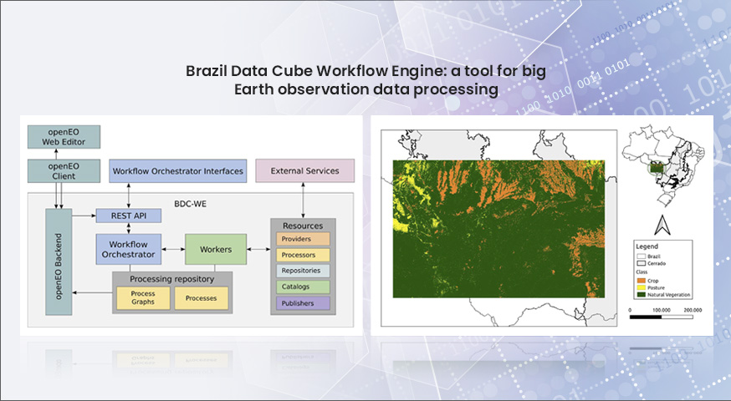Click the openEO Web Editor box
64,137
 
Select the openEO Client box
64,171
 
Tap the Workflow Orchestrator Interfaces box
177,171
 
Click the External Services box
305,171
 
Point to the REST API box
129,216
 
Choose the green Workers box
216,249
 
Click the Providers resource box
303,239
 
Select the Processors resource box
303,255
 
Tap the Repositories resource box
303,271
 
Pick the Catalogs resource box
303,287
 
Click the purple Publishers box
303,303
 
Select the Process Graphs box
143,298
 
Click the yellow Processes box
202,298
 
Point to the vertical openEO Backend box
59,261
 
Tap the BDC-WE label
190,204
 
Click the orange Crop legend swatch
641,281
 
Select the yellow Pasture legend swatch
641,288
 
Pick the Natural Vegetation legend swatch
641,295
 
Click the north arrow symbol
662,225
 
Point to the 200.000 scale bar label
693,310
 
